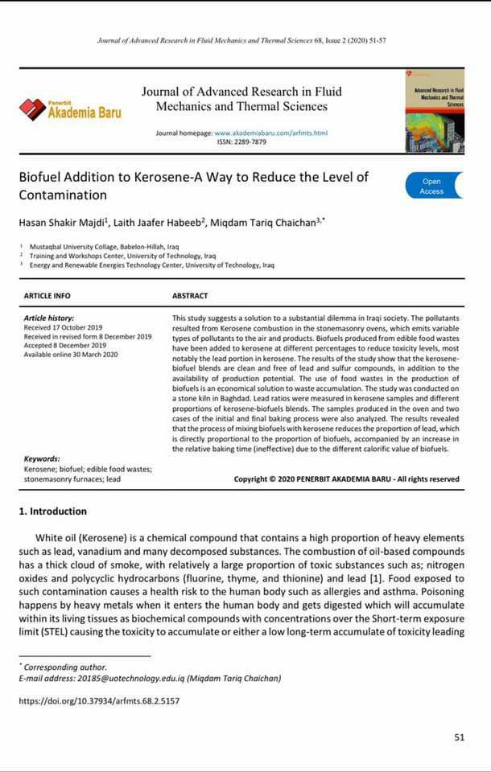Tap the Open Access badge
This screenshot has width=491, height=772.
[x=432, y=186]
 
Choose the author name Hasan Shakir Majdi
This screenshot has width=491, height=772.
[x=61, y=221]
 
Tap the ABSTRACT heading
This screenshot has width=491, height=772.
[x=190, y=296]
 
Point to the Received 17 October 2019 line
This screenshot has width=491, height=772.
[x=63, y=327]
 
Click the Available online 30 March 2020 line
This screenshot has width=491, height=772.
[x=71, y=354]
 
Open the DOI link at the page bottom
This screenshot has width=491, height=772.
[x=99, y=701]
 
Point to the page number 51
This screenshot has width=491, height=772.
[x=459, y=737]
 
